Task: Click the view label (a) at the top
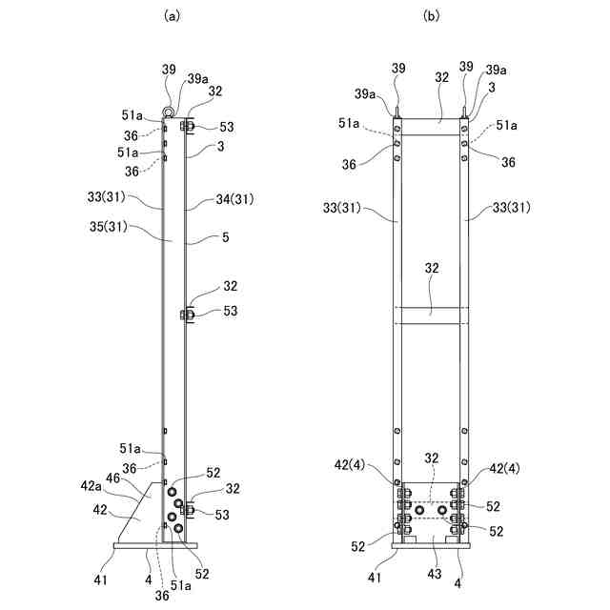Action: tap(173, 15)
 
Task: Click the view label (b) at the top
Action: tap(432, 15)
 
